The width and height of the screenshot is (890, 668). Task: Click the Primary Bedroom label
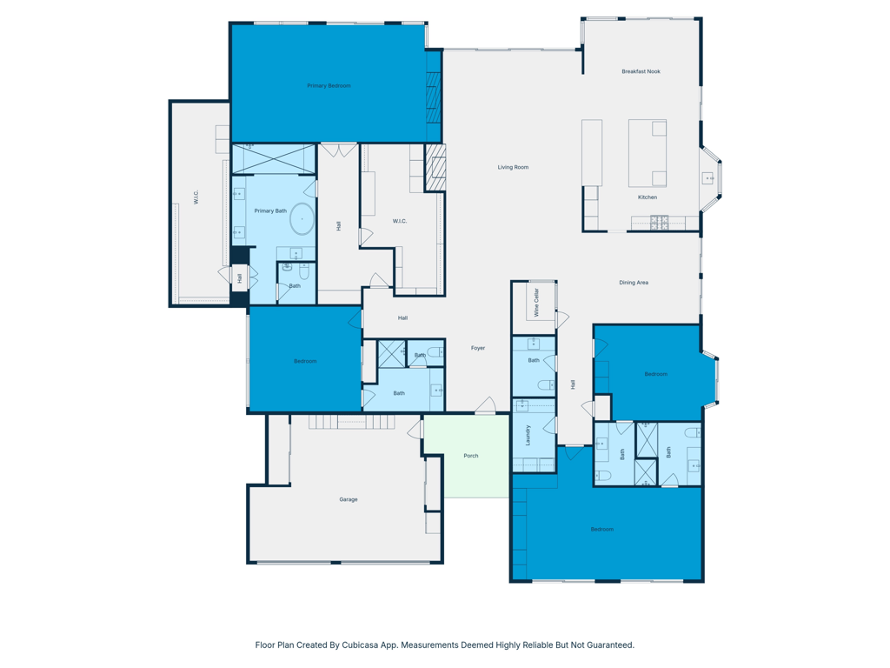point(329,86)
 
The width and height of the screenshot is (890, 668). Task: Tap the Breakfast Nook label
point(641,71)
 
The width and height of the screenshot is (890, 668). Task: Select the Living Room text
point(513,167)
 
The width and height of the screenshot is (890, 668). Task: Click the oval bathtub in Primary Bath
point(302,219)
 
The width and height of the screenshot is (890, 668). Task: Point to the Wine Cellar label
point(536,301)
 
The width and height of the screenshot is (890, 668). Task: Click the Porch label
point(470,456)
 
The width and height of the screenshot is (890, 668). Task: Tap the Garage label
point(349,499)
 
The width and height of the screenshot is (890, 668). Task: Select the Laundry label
point(528,435)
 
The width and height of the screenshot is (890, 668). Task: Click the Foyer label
point(478,348)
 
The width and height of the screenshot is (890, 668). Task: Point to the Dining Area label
point(634,283)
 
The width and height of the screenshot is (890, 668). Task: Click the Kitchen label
point(648,197)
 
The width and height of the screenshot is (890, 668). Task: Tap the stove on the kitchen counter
point(660,223)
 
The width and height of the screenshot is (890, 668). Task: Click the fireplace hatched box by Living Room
point(435,167)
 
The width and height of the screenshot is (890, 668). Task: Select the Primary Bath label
point(270,210)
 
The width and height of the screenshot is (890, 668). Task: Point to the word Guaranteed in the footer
point(608,645)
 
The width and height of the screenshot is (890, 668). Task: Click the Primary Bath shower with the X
point(273,159)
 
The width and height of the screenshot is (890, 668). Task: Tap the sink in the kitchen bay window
point(707,178)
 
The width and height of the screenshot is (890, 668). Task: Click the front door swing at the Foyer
point(485,405)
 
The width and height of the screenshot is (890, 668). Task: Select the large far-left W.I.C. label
point(196,197)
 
